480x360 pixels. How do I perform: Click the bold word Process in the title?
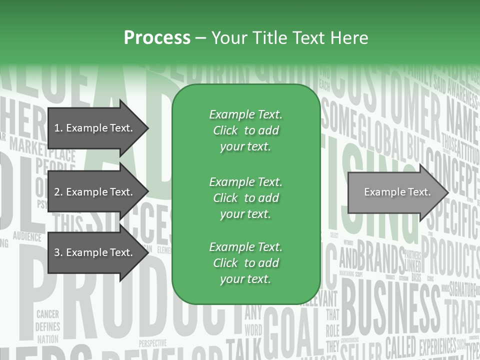pos(157,38)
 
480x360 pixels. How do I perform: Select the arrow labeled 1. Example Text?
pos(93,128)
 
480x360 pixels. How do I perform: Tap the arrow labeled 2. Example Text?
pos(93,192)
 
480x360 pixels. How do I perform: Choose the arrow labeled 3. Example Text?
pos(93,252)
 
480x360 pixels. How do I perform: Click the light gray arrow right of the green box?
pos(395,192)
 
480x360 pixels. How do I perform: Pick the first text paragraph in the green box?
pos(245,130)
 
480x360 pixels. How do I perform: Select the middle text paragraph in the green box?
pos(245,197)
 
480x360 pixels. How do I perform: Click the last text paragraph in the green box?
pos(245,263)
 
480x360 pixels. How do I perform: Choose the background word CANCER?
pos(47,314)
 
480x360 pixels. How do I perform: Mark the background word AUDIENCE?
pos(27,235)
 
